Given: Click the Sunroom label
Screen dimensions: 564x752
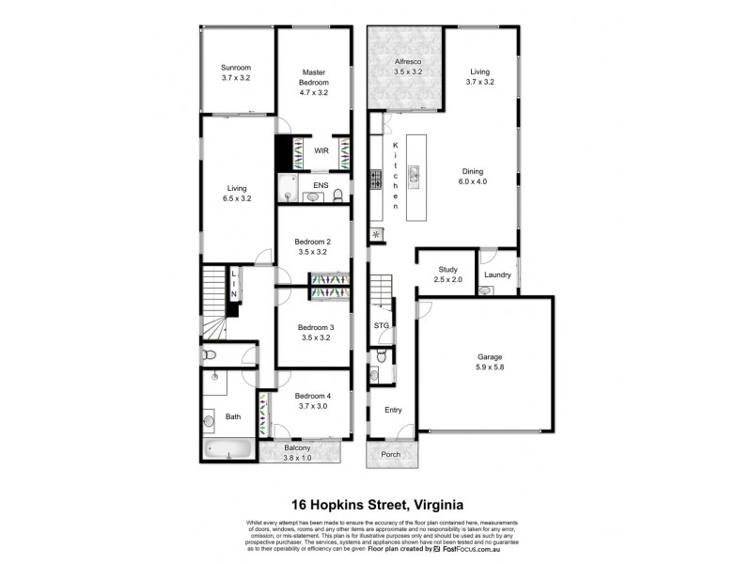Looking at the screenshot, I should pyautogui.click(x=236, y=68).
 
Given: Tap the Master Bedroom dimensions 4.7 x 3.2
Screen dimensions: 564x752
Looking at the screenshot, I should pyautogui.click(x=313, y=94).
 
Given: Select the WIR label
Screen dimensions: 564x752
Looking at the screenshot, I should pyautogui.click(x=321, y=150).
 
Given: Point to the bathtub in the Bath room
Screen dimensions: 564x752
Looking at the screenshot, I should pyautogui.click(x=227, y=449).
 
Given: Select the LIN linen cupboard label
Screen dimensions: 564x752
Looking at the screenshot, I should pyautogui.click(x=234, y=284).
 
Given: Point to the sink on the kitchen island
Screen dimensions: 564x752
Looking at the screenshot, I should pyautogui.click(x=414, y=172).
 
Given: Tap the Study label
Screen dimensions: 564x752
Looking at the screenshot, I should pyautogui.click(x=448, y=269).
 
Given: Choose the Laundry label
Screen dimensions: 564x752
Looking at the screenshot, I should pyautogui.click(x=497, y=274).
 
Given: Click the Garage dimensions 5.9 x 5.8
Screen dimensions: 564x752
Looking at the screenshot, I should pyautogui.click(x=490, y=368).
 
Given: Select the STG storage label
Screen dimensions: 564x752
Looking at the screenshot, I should pyautogui.click(x=381, y=325).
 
